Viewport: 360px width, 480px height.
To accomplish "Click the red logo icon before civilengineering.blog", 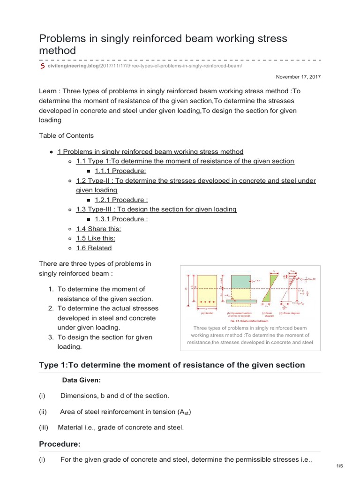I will (42, 67).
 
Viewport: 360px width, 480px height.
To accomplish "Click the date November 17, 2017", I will (298, 76).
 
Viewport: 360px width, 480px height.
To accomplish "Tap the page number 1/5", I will (340, 465).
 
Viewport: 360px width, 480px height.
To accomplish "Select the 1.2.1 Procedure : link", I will (121, 200).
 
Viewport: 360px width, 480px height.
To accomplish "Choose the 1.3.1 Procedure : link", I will (121, 219).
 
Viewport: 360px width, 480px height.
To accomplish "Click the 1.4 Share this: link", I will (98, 229).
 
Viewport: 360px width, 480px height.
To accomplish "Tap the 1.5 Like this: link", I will (96, 239).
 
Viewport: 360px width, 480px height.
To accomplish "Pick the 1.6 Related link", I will (94, 248).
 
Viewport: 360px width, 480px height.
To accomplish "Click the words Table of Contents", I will (66, 136).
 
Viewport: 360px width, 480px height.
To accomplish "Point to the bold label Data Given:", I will (82, 380).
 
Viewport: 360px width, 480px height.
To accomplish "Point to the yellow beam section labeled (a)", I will (207, 293).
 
